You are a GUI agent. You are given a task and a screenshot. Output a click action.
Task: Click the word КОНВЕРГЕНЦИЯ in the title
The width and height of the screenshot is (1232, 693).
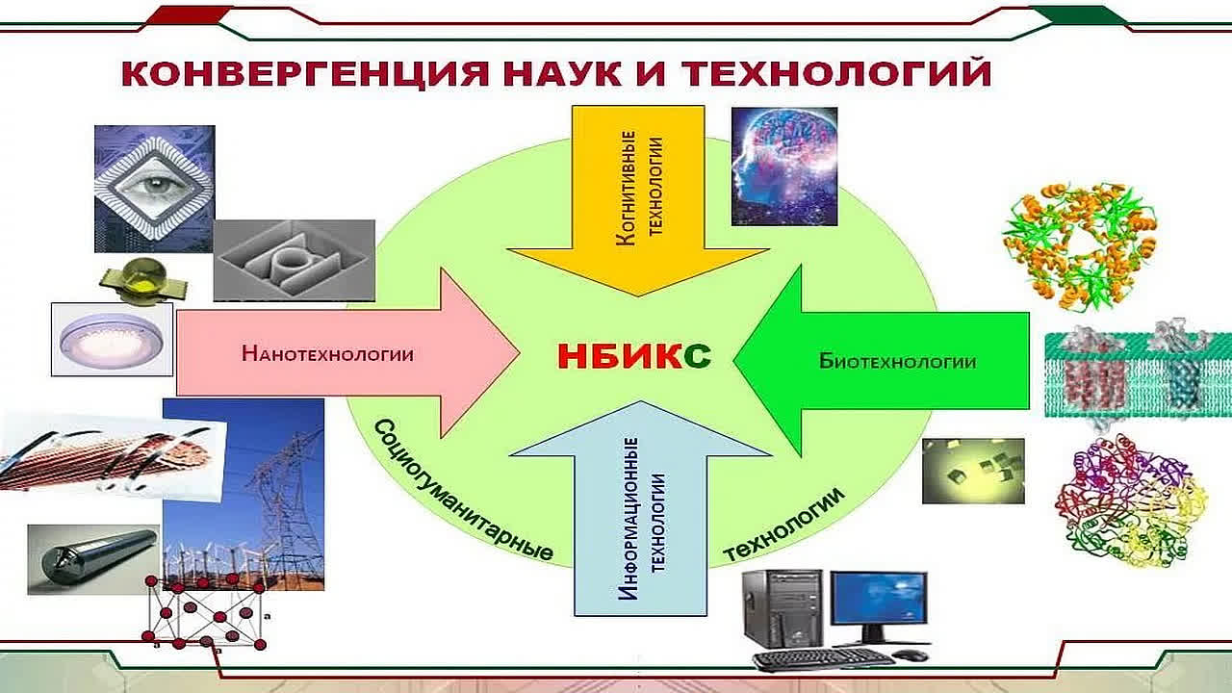point(305,73)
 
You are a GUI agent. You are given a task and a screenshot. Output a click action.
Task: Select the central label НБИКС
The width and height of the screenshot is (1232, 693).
point(634,356)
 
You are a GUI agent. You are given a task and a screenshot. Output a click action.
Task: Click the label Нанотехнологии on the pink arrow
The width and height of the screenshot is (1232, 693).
point(328,353)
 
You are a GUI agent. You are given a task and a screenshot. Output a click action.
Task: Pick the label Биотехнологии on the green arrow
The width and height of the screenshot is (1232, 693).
point(898,361)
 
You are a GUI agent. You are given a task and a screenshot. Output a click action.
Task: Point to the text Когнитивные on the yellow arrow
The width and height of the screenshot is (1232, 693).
point(626,188)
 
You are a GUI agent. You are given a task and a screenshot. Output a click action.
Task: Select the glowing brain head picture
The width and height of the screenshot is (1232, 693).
point(784,167)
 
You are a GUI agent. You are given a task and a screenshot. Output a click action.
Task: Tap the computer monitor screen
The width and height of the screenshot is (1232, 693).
point(879,599)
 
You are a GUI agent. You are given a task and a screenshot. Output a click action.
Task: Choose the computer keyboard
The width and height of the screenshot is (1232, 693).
point(823,660)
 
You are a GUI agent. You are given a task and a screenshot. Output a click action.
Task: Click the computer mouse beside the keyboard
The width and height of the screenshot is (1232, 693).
point(910,655)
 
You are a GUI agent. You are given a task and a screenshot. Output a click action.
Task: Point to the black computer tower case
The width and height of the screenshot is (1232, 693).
point(783,608)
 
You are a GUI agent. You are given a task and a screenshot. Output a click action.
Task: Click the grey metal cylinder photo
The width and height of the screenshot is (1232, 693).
point(93,559)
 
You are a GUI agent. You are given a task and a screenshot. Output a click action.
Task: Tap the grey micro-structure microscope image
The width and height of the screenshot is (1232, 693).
point(295,261)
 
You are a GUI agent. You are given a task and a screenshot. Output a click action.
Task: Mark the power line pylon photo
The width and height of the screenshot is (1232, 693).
point(244,495)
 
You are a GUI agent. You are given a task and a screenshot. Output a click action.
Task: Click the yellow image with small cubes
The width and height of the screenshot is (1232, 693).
point(973,471)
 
